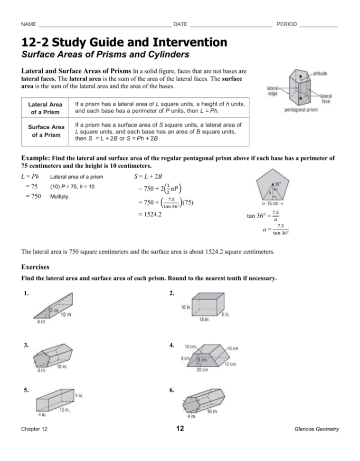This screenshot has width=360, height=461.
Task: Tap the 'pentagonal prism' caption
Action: (304, 109)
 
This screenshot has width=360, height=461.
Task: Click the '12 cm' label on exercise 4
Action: (230, 364)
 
